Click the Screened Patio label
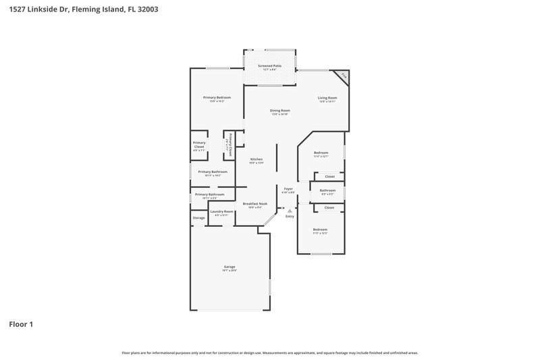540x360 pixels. tap(269, 66)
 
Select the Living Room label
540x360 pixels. tap(327, 97)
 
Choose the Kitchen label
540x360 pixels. tap(256, 159)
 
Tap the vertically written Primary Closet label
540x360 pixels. tap(230, 145)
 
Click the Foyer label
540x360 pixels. tap(288, 188)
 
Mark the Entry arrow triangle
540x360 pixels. tap(290, 210)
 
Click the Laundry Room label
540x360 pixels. tap(221, 211)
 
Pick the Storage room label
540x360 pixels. tap(198, 217)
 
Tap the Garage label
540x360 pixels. tap(230, 267)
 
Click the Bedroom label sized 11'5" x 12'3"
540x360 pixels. tap(320, 230)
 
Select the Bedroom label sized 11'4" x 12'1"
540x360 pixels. tap(321, 153)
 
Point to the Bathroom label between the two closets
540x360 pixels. tap(327, 190)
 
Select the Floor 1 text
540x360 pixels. tap(20, 324)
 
